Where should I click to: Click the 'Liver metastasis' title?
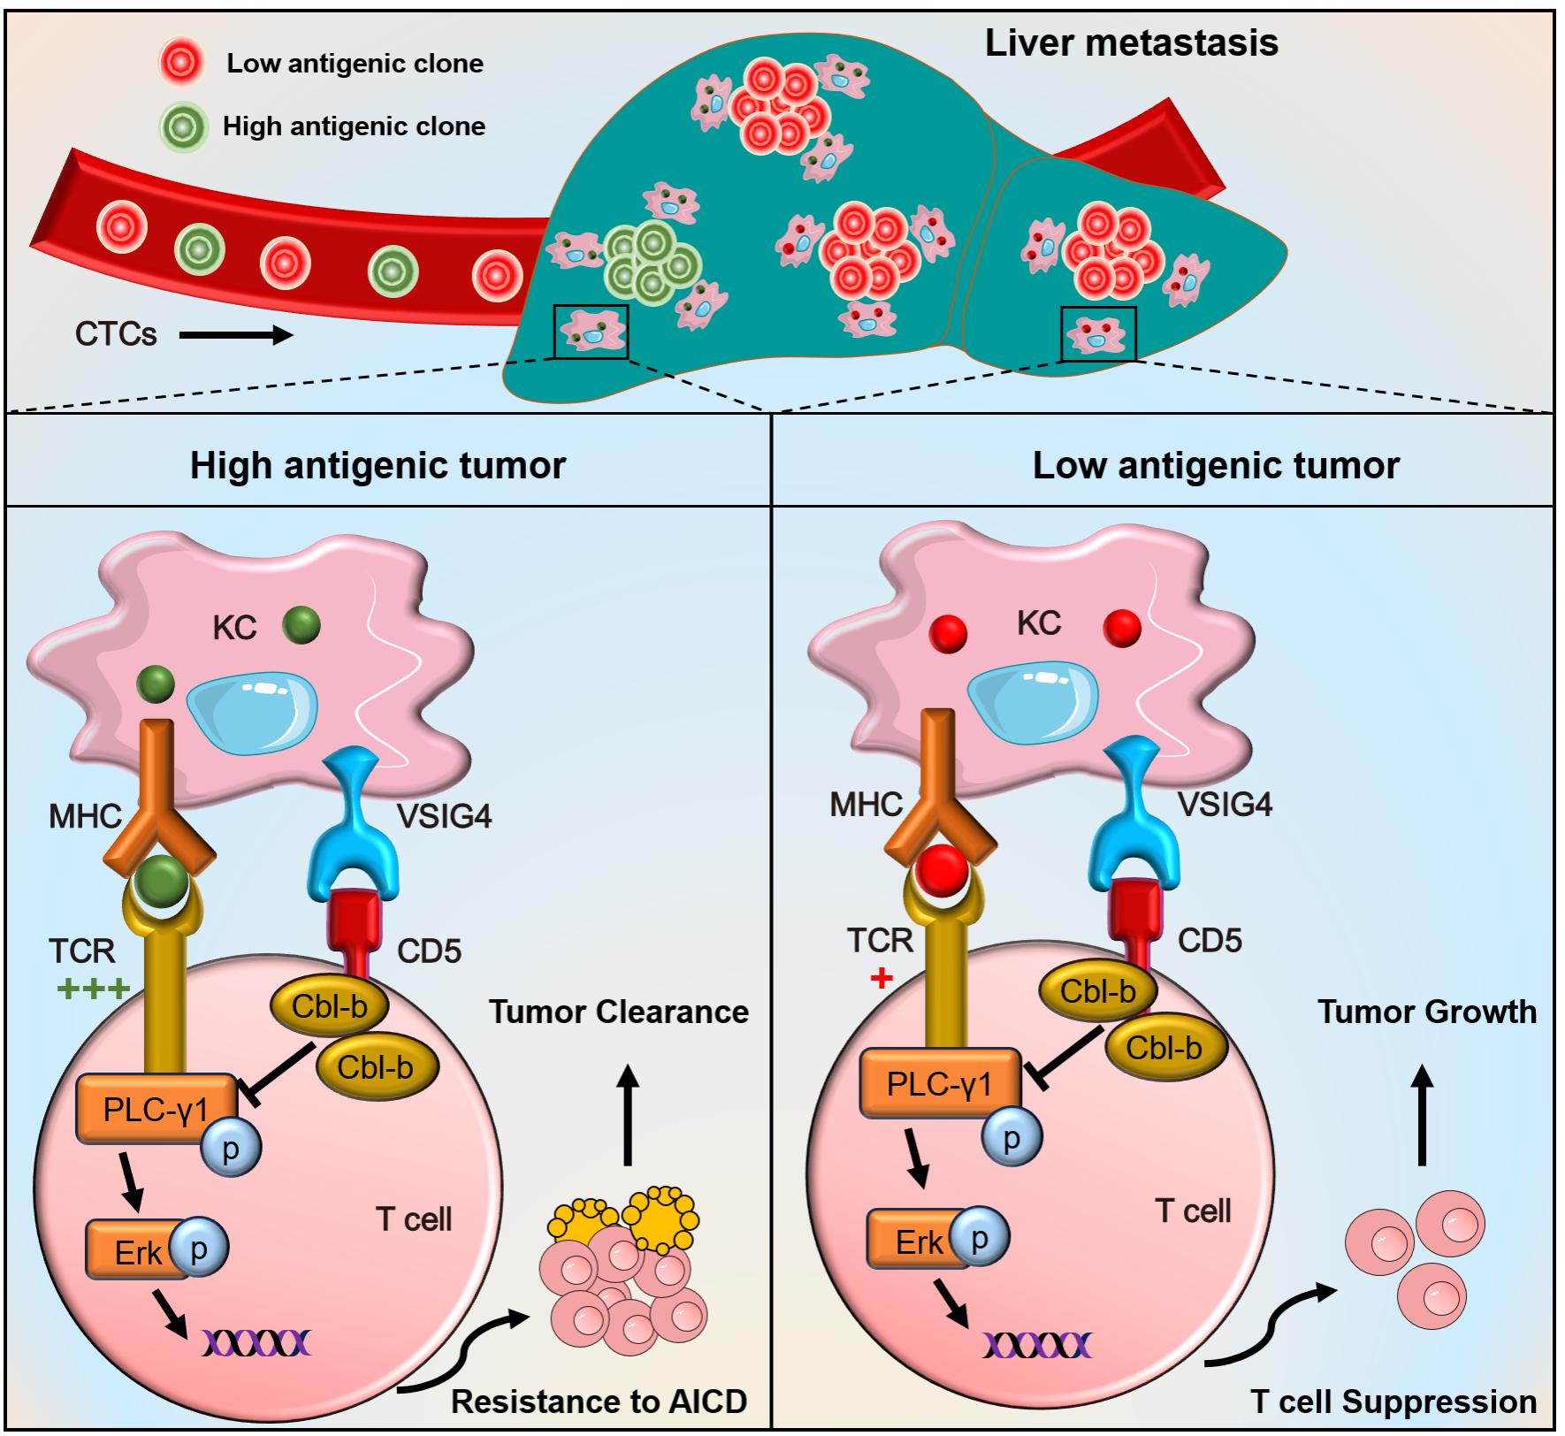pyautogui.click(x=1131, y=43)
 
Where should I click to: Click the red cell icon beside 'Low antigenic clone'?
pyautogui.click(x=181, y=62)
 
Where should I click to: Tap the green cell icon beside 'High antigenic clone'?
pyautogui.click(x=183, y=126)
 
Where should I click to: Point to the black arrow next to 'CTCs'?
pyautogui.click(x=235, y=335)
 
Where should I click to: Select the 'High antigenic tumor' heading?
pyautogui.click(x=378, y=465)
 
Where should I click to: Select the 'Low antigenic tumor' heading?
pyautogui.click(x=1216, y=465)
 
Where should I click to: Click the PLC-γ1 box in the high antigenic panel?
pyautogui.click(x=156, y=1109)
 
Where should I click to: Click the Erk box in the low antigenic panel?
pyautogui.click(x=918, y=1241)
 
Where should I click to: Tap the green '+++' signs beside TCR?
pyautogui.click(x=93, y=988)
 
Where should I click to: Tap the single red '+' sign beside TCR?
pyautogui.click(x=882, y=978)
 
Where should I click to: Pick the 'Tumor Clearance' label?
pyautogui.click(x=618, y=1012)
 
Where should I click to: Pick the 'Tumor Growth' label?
pyautogui.click(x=1426, y=1012)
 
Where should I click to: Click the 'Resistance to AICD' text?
pyautogui.click(x=599, y=1402)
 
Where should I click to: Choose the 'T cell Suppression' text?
pyautogui.click(x=1393, y=1402)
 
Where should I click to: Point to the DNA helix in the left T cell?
pyautogui.click(x=256, y=1343)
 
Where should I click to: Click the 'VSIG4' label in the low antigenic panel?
pyautogui.click(x=1225, y=805)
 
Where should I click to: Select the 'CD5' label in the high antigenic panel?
pyautogui.click(x=429, y=951)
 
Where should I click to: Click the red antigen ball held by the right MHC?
pyautogui.click(x=942, y=870)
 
